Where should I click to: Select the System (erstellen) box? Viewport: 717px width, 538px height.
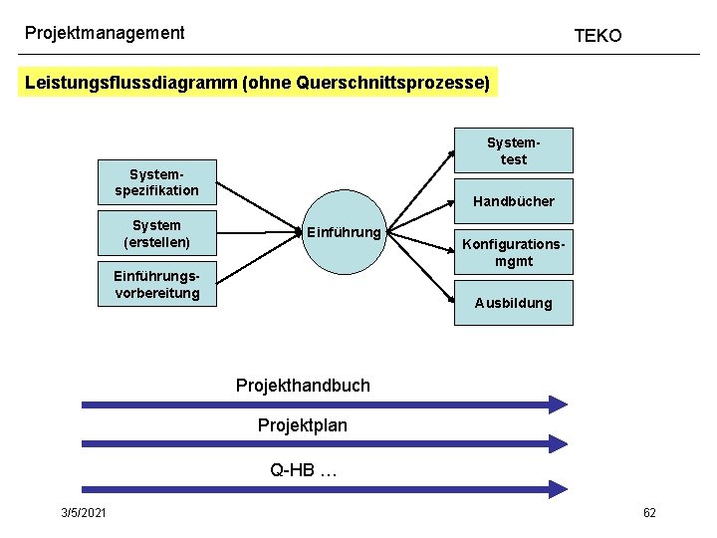pos(156,233)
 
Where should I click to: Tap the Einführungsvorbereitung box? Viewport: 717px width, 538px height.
pos(156,284)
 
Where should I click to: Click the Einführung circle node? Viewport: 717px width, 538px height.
pos(343,233)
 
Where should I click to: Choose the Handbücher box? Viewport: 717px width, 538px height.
pos(514,201)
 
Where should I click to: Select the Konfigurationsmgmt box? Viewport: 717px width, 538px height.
pos(514,253)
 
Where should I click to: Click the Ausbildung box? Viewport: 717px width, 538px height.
pos(514,303)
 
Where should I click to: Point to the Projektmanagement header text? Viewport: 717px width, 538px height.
pos(105,33)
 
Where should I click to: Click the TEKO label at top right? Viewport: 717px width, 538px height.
pos(597,36)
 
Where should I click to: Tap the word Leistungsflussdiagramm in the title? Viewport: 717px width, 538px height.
pos(130,83)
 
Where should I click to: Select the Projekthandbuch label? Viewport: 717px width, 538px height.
pos(303,385)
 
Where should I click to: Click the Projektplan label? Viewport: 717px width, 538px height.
pos(303,425)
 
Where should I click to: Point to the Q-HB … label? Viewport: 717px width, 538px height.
pos(304,469)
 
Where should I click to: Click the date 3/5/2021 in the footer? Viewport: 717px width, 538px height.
pos(85,512)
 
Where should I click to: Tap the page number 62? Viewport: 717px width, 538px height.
pos(649,512)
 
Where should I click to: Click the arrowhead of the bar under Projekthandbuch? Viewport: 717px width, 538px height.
pos(558,404)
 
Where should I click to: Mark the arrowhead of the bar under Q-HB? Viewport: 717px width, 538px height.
pos(558,489)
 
